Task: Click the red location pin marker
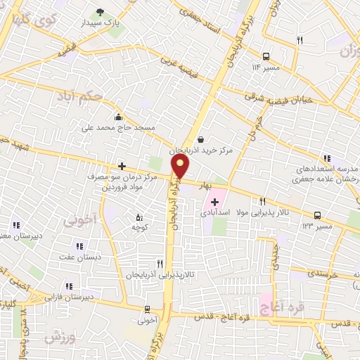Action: pyautogui.click(x=181, y=167)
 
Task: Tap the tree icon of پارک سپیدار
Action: pyautogui.click(x=100, y=11)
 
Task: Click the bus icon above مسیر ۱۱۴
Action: pyautogui.click(x=266, y=57)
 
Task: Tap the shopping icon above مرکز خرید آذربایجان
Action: pyautogui.click(x=202, y=139)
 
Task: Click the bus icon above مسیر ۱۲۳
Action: pyautogui.click(x=317, y=216)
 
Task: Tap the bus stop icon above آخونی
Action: pyautogui.click(x=147, y=309)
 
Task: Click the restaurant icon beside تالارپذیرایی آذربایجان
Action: pyautogui.click(x=160, y=264)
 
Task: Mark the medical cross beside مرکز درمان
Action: pyautogui.click(x=122, y=166)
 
